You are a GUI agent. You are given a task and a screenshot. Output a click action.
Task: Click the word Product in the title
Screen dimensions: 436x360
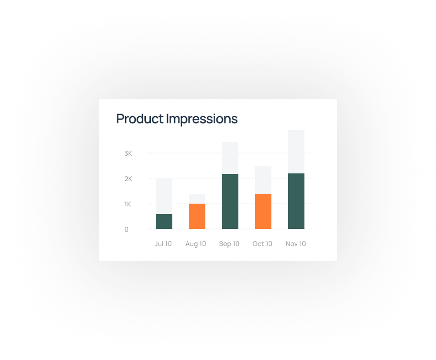pos(140,119)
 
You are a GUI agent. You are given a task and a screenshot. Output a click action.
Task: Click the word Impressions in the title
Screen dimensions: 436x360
pos(202,119)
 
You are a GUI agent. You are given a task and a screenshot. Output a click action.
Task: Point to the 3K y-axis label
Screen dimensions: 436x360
pos(128,154)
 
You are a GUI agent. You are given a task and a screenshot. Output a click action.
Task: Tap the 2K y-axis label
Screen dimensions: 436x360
pos(128,179)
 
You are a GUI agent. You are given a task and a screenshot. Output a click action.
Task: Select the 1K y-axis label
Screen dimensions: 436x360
pos(128,204)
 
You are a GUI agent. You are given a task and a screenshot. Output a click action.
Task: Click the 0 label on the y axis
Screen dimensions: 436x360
pos(127,230)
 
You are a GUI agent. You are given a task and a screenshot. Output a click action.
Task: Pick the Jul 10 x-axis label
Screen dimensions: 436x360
pos(163,244)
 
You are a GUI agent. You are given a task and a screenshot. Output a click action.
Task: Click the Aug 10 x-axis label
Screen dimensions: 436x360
pos(196,244)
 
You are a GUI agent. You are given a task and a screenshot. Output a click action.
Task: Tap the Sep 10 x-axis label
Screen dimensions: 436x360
pos(229,244)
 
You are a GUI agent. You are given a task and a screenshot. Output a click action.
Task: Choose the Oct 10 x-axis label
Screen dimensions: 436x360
pos(262,244)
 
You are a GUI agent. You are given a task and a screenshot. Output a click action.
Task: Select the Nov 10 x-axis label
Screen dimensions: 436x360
pos(296,244)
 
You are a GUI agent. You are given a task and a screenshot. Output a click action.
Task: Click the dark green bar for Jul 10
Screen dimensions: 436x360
pos(164,222)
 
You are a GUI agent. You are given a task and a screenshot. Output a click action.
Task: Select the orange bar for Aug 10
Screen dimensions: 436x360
pos(197,216)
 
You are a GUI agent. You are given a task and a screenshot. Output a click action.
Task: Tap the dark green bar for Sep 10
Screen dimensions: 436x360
pos(230,201)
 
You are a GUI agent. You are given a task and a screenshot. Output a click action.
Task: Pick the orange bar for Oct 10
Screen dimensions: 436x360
pos(263,211)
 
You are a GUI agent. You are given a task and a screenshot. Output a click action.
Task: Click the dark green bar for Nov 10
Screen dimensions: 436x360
pos(296,201)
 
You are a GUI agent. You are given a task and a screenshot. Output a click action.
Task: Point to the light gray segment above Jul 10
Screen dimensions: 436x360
pos(164,197)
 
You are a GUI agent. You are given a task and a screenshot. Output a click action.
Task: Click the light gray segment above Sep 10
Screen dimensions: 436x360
pos(230,158)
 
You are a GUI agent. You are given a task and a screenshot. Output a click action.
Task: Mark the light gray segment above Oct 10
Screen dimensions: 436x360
pos(263,180)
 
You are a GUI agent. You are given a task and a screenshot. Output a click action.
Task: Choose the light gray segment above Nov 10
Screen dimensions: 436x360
pos(296,151)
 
